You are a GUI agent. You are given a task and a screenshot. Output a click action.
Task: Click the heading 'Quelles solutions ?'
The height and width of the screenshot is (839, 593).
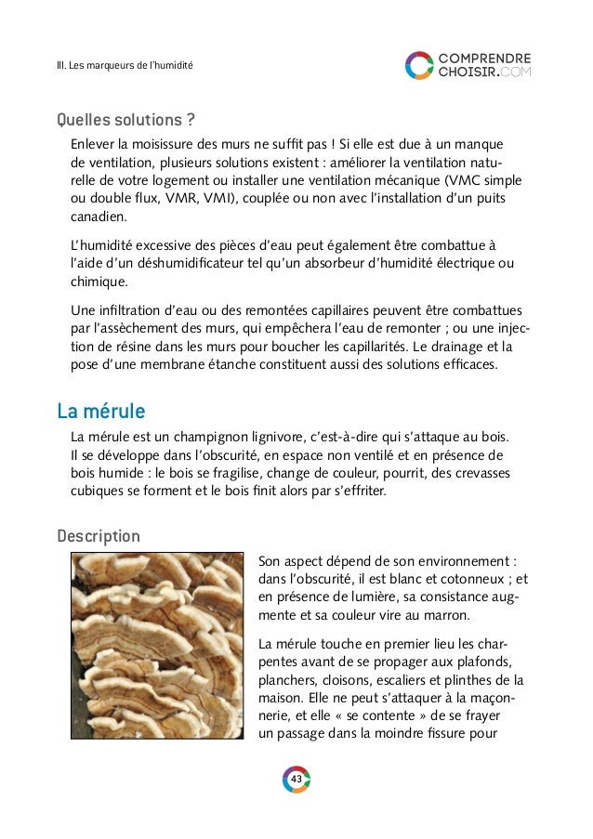point(119,121)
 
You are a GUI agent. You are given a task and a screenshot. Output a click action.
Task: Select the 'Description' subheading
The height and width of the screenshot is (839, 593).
point(99,537)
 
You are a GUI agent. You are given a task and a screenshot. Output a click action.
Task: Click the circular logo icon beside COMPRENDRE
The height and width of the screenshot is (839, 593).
point(418,65)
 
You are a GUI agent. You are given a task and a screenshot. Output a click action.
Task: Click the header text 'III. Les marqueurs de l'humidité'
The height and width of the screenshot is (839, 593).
point(124,66)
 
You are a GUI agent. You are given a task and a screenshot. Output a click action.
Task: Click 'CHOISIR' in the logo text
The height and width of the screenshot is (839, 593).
point(468,72)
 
